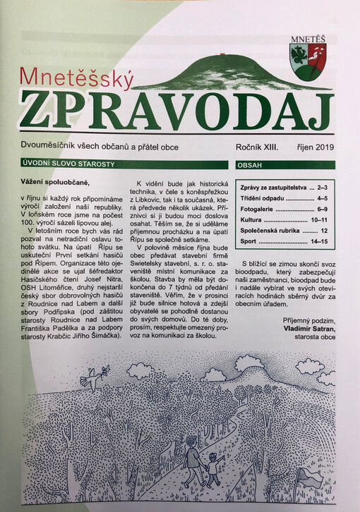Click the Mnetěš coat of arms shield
(x=308, y=59)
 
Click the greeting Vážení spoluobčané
(x=56, y=183)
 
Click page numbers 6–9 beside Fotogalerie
(x=323, y=210)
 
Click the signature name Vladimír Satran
(x=308, y=329)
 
